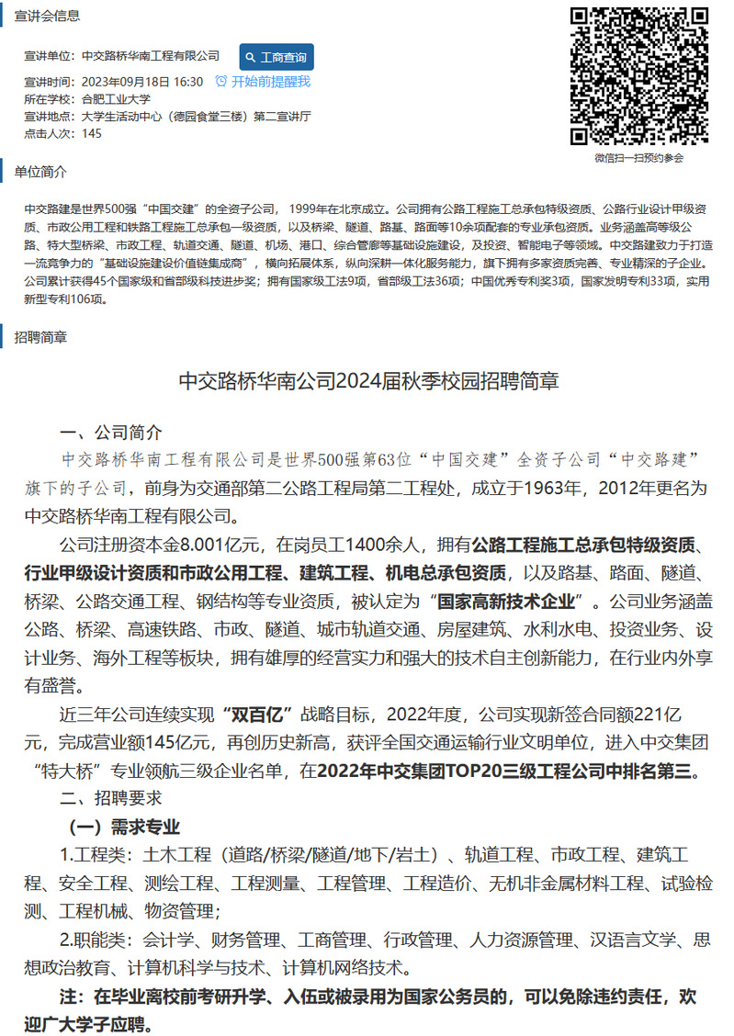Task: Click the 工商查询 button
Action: pos(277,57)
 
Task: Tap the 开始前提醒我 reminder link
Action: pos(263,81)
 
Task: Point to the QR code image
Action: pos(639,76)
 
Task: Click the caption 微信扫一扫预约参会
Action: pos(639,158)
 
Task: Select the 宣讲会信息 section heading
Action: pos(47,16)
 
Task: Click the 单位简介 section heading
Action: pos(40,172)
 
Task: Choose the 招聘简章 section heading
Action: pos(40,337)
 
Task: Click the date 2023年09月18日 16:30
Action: pos(142,82)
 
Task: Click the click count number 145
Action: pos(92,133)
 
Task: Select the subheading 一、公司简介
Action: pos(111,434)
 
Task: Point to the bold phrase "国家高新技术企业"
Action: pos(509,602)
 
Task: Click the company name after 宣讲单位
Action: pos(151,57)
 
